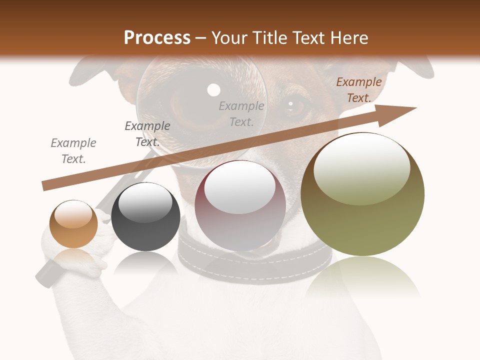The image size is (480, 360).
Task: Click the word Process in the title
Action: [157, 38]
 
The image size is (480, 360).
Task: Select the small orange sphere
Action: [73, 224]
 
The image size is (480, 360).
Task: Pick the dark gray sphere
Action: [145, 217]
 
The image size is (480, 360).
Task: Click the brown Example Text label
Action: [358, 90]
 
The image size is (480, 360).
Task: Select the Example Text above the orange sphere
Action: [73, 151]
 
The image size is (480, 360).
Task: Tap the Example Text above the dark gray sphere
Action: [147, 134]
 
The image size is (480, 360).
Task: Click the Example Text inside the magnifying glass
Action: [241, 113]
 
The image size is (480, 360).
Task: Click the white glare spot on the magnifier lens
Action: [214, 90]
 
